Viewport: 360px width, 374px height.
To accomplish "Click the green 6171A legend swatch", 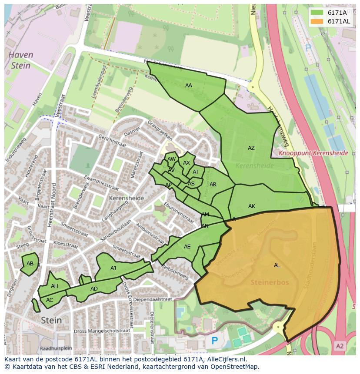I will click(x=317, y=13).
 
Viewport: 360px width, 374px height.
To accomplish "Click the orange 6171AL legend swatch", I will click(x=317, y=21).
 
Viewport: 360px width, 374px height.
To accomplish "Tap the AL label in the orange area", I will click(x=277, y=265).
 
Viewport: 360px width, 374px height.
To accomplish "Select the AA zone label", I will click(x=188, y=86).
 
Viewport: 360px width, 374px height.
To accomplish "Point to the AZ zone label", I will click(x=251, y=148).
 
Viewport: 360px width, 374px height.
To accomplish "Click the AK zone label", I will click(x=251, y=206).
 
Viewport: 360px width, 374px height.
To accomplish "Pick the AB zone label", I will click(x=30, y=264).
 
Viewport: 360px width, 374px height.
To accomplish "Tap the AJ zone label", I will click(x=113, y=268).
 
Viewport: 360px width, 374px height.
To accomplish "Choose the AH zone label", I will click(x=54, y=286).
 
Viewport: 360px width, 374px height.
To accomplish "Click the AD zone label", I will click(x=94, y=289).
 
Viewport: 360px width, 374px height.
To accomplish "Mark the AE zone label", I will click(x=187, y=247).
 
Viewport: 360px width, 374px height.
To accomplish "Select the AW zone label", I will click(x=171, y=159).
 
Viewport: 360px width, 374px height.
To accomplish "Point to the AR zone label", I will click(x=213, y=185).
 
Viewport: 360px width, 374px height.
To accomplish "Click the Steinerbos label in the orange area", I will click(x=270, y=282).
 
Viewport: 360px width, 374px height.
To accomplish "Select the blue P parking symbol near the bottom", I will click(x=214, y=341).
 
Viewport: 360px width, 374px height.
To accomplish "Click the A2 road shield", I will click(x=340, y=346).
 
